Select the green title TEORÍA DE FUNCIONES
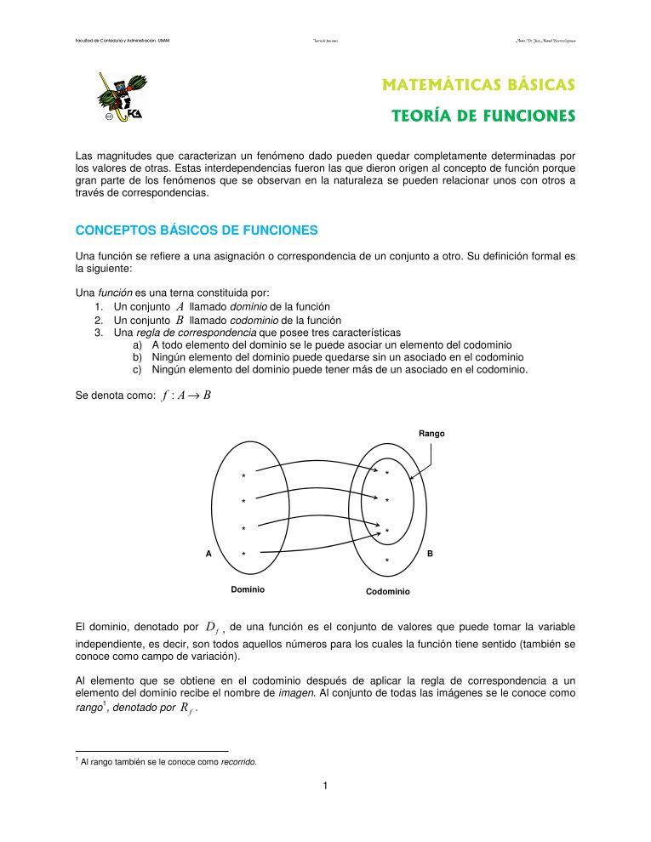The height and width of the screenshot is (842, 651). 488,116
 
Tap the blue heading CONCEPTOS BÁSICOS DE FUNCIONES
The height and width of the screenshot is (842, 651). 197,230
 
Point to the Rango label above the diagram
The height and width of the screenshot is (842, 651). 431,434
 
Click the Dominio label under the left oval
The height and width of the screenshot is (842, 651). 248,589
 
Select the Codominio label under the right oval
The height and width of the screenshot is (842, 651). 387,591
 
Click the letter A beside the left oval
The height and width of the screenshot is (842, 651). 208,554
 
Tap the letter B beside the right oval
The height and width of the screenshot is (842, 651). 430,554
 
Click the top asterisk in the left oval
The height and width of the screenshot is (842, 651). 243,476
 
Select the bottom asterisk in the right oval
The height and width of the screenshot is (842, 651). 386,561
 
